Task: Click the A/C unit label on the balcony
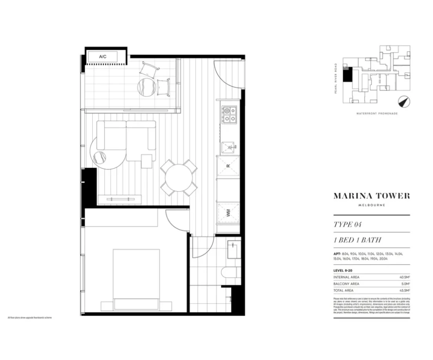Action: pyautogui.click(x=102, y=57)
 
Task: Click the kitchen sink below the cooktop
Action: pyautogui.click(x=228, y=148)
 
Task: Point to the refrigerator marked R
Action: pyautogui.click(x=228, y=166)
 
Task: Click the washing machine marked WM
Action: pyautogui.click(x=228, y=213)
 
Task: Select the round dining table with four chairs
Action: pyautogui.click(x=178, y=178)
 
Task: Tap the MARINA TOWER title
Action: pyautogui.click(x=371, y=196)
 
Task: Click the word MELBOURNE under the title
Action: pyautogui.click(x=371, y=205)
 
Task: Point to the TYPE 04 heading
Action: pyautogui.click(x=347, y=225)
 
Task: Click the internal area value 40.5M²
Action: pyautogui.click(x=404, y=277)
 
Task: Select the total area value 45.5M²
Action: pyautogui.click(x=404, y=290)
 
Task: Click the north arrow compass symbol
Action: pyautogui.click(x=404, y=102)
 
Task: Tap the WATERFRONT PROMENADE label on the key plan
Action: pyautogui.click(x=377, y=113)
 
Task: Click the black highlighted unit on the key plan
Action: pyautogui.click(x=347, y=74)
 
